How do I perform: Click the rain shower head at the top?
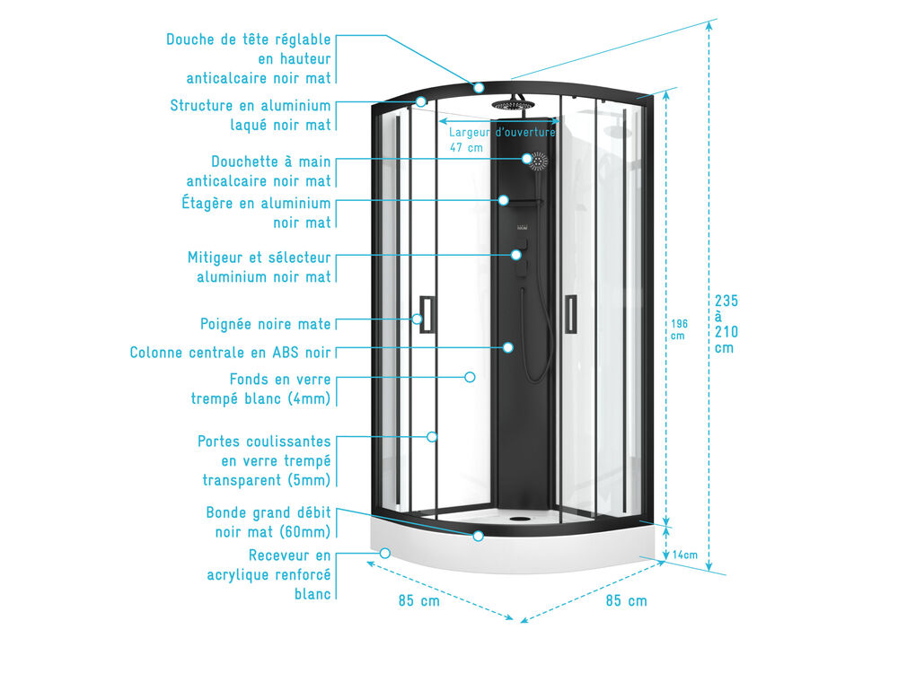pyautogui.click(x=512, y=105)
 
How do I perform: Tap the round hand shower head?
pyautogui.click(x=538, y=161)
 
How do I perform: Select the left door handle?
pyautogui.click(x=427, y=314)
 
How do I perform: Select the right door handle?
pyautogui.click(x=570, y=313)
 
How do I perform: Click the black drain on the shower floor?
pyautogui.click(x=520, y=519)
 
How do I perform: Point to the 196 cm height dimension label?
pyautogui.click(x=679, y=329)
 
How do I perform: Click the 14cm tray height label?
pyautogui.click(x=685, y=555)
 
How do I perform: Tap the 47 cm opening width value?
pyautogui.click(x=466, y=148)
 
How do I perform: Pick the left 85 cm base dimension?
pyautogui.click(x=419, y=601)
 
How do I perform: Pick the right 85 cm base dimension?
pyautogui.click(x=627, y=601)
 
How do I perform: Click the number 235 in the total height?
pyautogui.click(x=726, y=301)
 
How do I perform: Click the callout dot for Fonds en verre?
pyautogui.click(x=470, y=377)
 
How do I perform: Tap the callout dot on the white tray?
pyautogui.click(x=385, y=554)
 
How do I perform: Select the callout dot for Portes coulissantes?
pyautogui.click(x=432, y=437)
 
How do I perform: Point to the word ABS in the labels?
pyautogui.click(x=286, y=353)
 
